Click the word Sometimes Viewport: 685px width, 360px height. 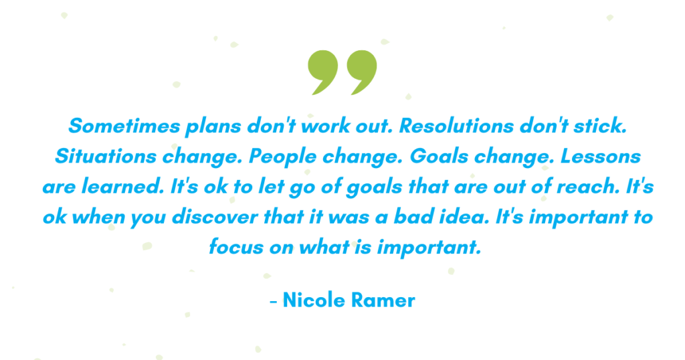click(124, 126)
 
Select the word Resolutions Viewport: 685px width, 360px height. click(456, 126)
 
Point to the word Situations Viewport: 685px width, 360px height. click(105, 157)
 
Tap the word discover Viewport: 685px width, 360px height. click(215, 217)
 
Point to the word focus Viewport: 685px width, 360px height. click(236, 247)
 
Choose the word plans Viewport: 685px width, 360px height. click(213, 126)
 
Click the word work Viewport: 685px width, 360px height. click(326, 126)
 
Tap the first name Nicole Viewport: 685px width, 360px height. click(314, 300)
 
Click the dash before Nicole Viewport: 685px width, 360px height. click(274, 302)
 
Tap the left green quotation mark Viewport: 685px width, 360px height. click(324, 71)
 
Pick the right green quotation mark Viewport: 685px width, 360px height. click(363, 71)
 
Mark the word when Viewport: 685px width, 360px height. click(98, 217)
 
